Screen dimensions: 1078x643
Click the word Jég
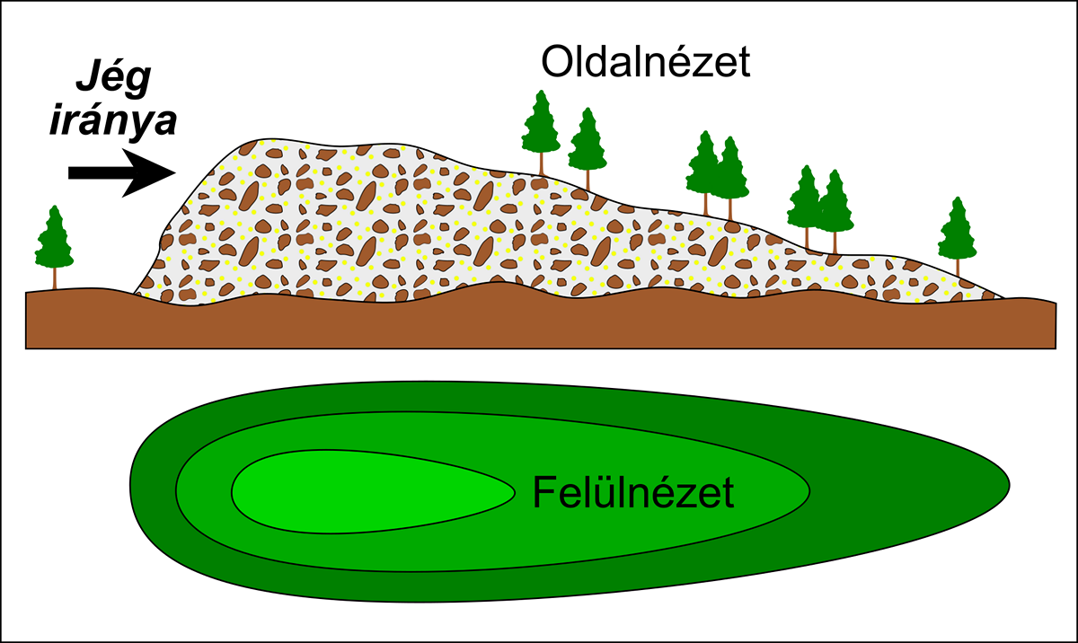pyautogui.click(x=113, y=79)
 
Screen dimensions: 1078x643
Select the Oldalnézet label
pyautogui.click(x=646, y=62)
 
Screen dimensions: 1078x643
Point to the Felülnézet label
pyautogui.click(x=633, y=492)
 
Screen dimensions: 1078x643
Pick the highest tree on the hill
pyautogui.click(x=541, y=133)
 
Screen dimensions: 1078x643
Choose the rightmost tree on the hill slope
pyautogui.click(x=958, y=236)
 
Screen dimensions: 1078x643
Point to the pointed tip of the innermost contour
pyautogui.click(x=515, y=492)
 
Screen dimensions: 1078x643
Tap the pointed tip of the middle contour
pyautogui.click(x=809, y=490)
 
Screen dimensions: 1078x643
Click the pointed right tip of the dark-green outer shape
pyautogui.click(x=1009, y=486)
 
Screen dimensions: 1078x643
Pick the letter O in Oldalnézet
pyautogui.click(x=556, y=62)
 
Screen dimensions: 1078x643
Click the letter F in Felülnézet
pyautogui.click(x=543, y=492)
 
